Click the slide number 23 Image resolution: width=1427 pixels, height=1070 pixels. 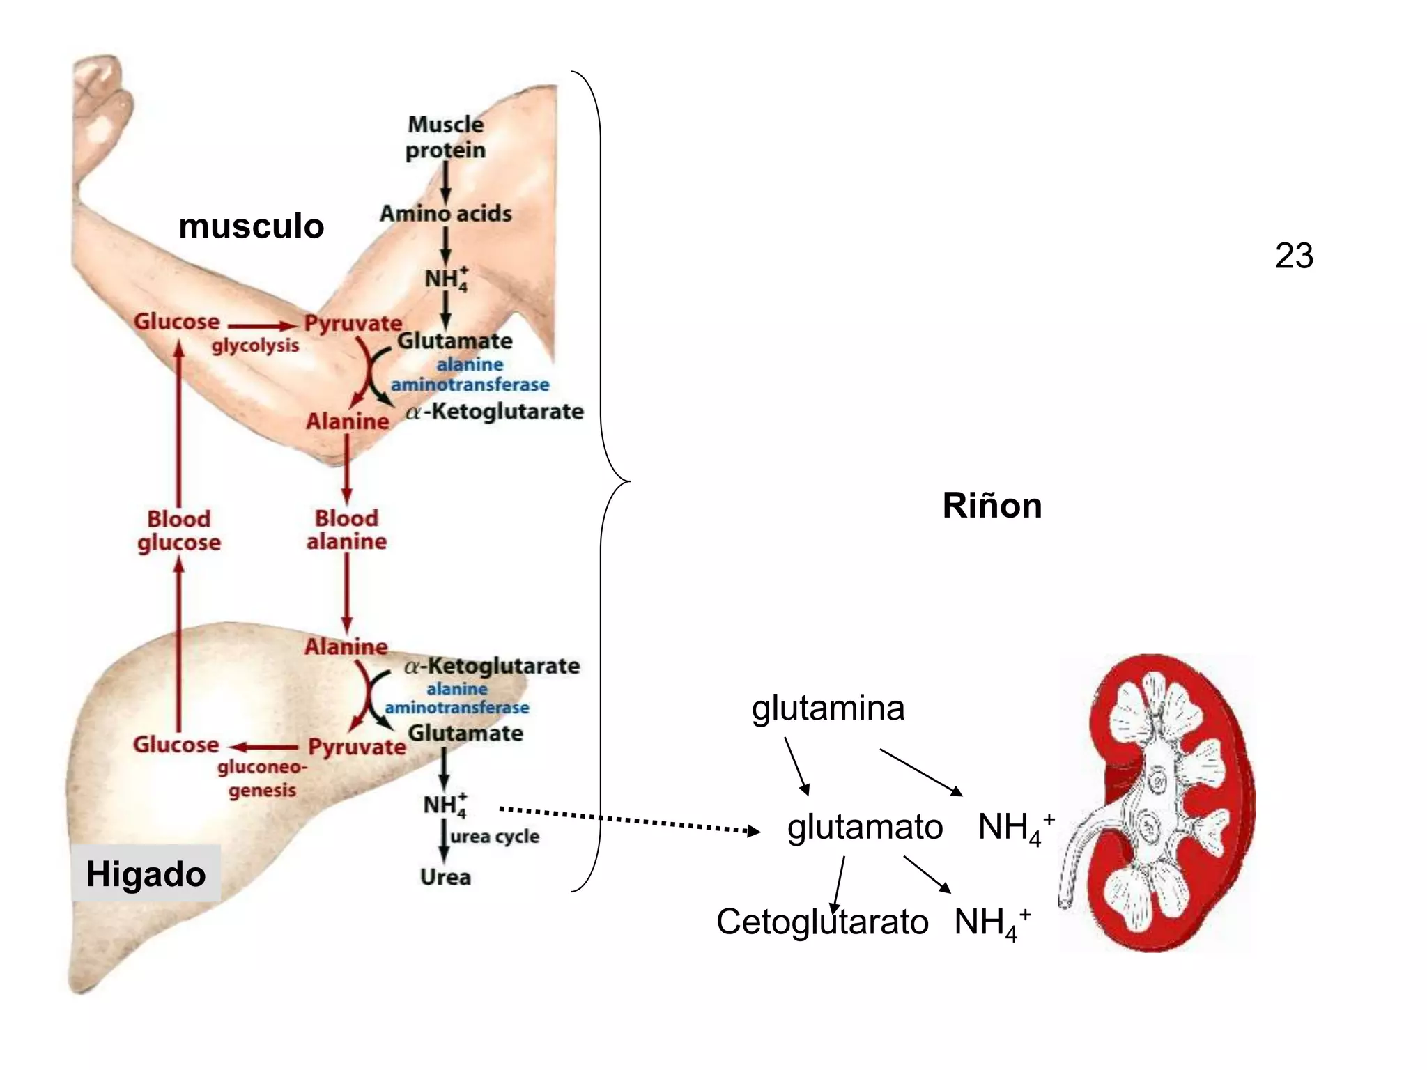click(1294, 256)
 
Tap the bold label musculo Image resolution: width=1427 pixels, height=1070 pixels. click(252, 226)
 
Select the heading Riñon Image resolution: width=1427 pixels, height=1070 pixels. click(992, 506)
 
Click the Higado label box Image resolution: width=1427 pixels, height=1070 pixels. click(146, 874)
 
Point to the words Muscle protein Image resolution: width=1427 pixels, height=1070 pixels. click(445, 138)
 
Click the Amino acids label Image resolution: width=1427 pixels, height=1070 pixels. click(445, 213)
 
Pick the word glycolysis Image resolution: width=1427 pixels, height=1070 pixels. click(255, 346)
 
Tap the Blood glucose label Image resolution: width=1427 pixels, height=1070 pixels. click(178, 531)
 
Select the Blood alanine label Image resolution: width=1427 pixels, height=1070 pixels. click(346, 530)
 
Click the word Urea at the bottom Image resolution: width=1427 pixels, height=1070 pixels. click(445, 877)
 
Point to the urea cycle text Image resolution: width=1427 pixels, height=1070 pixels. click(495, 836)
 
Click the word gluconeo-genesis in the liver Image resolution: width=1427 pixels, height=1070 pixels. click(261, 779)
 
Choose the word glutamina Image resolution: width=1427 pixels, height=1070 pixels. click(828, 708)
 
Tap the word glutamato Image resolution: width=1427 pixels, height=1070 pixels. click(865, 828)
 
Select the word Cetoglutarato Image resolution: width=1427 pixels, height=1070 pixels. click(822, 922)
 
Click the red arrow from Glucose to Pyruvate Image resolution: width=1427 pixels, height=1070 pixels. click(262, 326)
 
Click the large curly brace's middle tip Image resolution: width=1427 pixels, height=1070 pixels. click(627, 481)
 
